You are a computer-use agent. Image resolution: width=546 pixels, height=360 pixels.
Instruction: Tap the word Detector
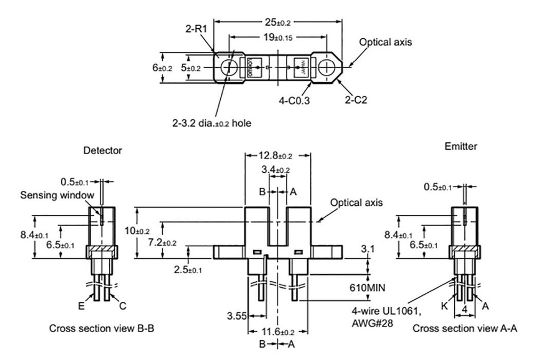[102, 151]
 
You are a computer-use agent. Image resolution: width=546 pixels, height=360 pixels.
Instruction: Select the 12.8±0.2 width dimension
[277, 156]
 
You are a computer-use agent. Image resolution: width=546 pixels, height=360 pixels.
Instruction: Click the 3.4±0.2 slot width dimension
[276, 170]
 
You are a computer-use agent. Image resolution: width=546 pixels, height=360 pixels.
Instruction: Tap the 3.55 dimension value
[237, 315]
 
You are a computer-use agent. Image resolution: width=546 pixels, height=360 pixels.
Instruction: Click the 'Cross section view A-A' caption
[465, 329]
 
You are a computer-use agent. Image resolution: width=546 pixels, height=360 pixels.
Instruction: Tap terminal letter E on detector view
[81, 308]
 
